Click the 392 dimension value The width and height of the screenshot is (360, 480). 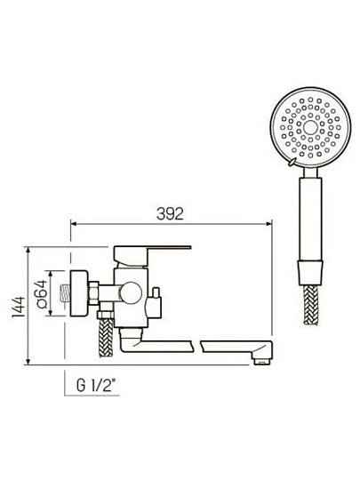click(170, 213)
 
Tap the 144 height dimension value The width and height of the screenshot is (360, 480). click(19, 307)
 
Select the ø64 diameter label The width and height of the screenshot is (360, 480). click(41, 293)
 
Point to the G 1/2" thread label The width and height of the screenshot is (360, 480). click(96, 386)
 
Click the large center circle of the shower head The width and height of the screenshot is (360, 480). click(310, 128)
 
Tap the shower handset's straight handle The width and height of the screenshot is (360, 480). click(310, 219)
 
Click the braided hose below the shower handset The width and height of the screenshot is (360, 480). click(310, 305)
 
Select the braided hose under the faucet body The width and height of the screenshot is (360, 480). click(106, 338)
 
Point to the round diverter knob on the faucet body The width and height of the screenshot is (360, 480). click(131, 293)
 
